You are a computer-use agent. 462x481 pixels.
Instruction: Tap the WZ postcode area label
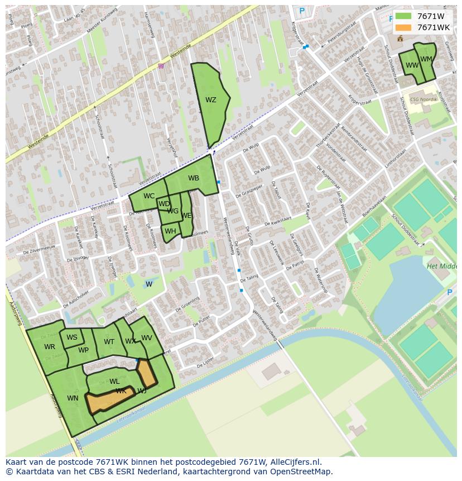point(210,101)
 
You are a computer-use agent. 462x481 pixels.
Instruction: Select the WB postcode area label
point(194,179)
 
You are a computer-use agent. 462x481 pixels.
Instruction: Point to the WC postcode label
point(149,196)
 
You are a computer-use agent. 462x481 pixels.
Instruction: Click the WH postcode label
point(170,231)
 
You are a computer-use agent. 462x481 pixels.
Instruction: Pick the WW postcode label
point(412,65)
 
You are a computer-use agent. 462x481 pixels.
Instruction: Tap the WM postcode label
point(426,59)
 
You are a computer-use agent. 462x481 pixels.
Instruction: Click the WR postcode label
point(50,347)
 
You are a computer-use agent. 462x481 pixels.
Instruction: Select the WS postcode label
point(72,337)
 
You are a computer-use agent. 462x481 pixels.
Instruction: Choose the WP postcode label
point(83,351)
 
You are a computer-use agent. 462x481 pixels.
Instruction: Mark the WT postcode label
point(109,342)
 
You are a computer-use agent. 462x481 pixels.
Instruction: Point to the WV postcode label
point(147,338)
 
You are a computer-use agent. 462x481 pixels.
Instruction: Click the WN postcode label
point(73,398)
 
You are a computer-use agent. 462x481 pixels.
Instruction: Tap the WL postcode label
point(114,382)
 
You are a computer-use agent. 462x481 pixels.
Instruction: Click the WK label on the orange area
point(121,391)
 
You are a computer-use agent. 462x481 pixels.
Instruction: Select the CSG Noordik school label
point(423,99)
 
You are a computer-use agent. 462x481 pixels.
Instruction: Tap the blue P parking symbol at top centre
point(302,11)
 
